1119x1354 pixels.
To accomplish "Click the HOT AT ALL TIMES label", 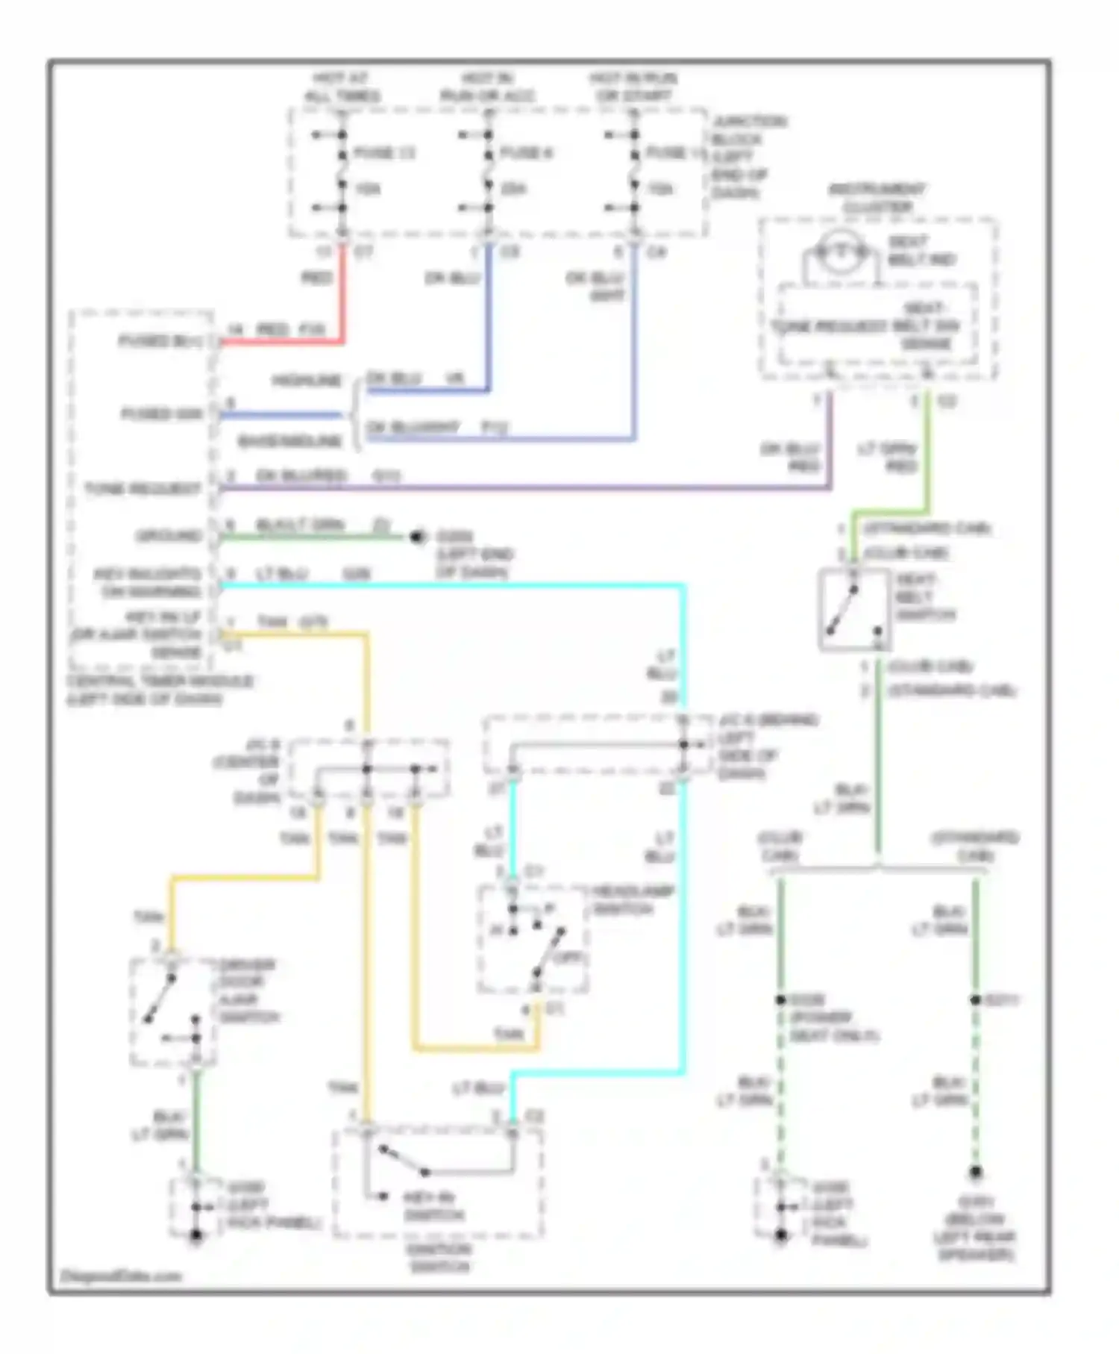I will coord(342,87).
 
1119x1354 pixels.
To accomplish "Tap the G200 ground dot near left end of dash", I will coord(418,537).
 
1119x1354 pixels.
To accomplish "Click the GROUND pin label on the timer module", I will coord(169,536).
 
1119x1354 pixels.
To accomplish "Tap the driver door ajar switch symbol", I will coord(172,1012).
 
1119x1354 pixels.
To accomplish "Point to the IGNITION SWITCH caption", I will coord(440,1258).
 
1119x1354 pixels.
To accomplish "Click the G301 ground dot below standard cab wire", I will coord(975,1173).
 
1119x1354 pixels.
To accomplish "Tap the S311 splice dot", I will coord(975,999).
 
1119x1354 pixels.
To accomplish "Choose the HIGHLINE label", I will coord(307,381).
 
